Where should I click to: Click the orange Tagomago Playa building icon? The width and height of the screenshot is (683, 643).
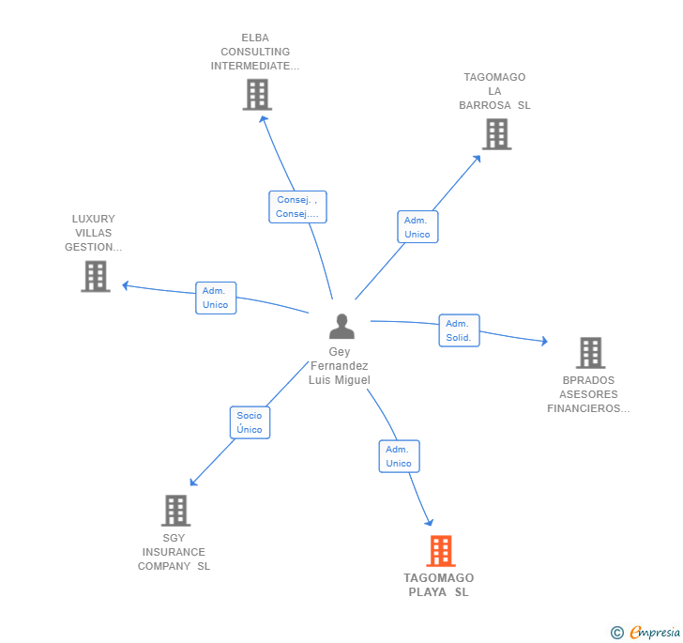[x=441, y=551]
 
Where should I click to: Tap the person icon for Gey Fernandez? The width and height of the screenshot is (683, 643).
[x=342, y=327]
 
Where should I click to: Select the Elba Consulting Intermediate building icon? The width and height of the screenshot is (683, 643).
[x=257, y=95]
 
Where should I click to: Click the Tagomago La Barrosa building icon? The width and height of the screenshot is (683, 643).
[x=496, y=134]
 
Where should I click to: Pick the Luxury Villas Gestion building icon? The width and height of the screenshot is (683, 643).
[x=96, y=276]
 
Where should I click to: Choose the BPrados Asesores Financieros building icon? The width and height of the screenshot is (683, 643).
[x=590, y=353]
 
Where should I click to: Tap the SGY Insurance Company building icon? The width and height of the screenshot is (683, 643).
[x=175, y=511]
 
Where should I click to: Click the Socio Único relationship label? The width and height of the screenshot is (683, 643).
[x=250, y=422]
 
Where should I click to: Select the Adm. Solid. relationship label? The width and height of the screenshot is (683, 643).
[x=459, y=330]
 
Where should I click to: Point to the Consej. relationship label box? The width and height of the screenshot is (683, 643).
[x=297, y=207]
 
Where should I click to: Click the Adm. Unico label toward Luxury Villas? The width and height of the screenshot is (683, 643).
[x=216, y=298]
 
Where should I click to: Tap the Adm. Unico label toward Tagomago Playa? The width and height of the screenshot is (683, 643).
[x=399, y=456]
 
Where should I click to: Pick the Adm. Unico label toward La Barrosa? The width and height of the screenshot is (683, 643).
[x=417, y=227]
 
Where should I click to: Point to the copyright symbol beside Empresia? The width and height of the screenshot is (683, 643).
[x=617, y=633]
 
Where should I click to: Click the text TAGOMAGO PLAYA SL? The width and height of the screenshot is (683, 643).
[x=439, y=585]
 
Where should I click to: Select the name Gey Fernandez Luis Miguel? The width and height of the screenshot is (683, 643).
[x=340, y=366]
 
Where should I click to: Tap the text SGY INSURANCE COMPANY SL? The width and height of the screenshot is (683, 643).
[x=174, y=552]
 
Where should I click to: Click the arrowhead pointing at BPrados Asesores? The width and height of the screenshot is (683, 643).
[x=543, y=342]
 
